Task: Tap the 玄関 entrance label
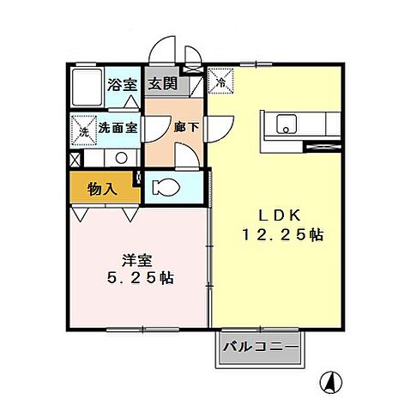[160, 85]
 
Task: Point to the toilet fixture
[166, 186]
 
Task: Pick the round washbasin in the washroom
[121, 158]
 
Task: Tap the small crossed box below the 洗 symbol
[75, 159]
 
